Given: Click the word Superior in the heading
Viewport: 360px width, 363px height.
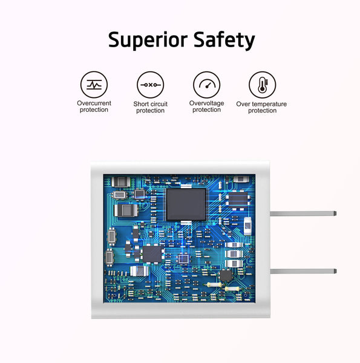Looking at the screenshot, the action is tap(148, 40).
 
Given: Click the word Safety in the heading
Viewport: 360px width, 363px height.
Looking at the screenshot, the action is tap(224, 40).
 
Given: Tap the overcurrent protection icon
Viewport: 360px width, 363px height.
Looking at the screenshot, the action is tap(94, 85).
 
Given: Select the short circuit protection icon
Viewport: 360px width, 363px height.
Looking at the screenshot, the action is tap(151, 85).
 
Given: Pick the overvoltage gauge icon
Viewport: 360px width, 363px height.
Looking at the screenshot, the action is tap(207, 85).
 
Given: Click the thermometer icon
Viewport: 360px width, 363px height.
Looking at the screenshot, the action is tap(263, 85).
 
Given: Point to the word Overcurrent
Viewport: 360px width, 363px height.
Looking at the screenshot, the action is tap(94, 103).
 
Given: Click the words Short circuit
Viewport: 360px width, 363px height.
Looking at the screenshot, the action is tap(151, 104).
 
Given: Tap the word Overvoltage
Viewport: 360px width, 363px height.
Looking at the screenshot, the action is tap(206, 103).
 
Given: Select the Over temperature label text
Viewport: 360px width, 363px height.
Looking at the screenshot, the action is tap(261, 104).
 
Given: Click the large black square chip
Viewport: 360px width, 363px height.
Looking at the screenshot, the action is tap(186, 204).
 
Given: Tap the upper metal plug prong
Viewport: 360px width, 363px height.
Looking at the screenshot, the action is tap(303, 214).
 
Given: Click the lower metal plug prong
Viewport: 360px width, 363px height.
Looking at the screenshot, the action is tap(303, 271).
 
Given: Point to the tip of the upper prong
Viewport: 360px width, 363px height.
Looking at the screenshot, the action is tap(336, 214).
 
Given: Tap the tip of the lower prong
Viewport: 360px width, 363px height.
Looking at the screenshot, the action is tap(336, 271).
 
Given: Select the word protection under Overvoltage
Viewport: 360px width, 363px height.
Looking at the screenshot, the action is tap(206, 110).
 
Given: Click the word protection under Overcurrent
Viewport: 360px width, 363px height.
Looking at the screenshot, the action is tap(94, 110).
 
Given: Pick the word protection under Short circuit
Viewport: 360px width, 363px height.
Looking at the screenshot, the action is tap(151, 111).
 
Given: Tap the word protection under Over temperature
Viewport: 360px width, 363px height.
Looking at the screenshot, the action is tap(263, 111).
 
